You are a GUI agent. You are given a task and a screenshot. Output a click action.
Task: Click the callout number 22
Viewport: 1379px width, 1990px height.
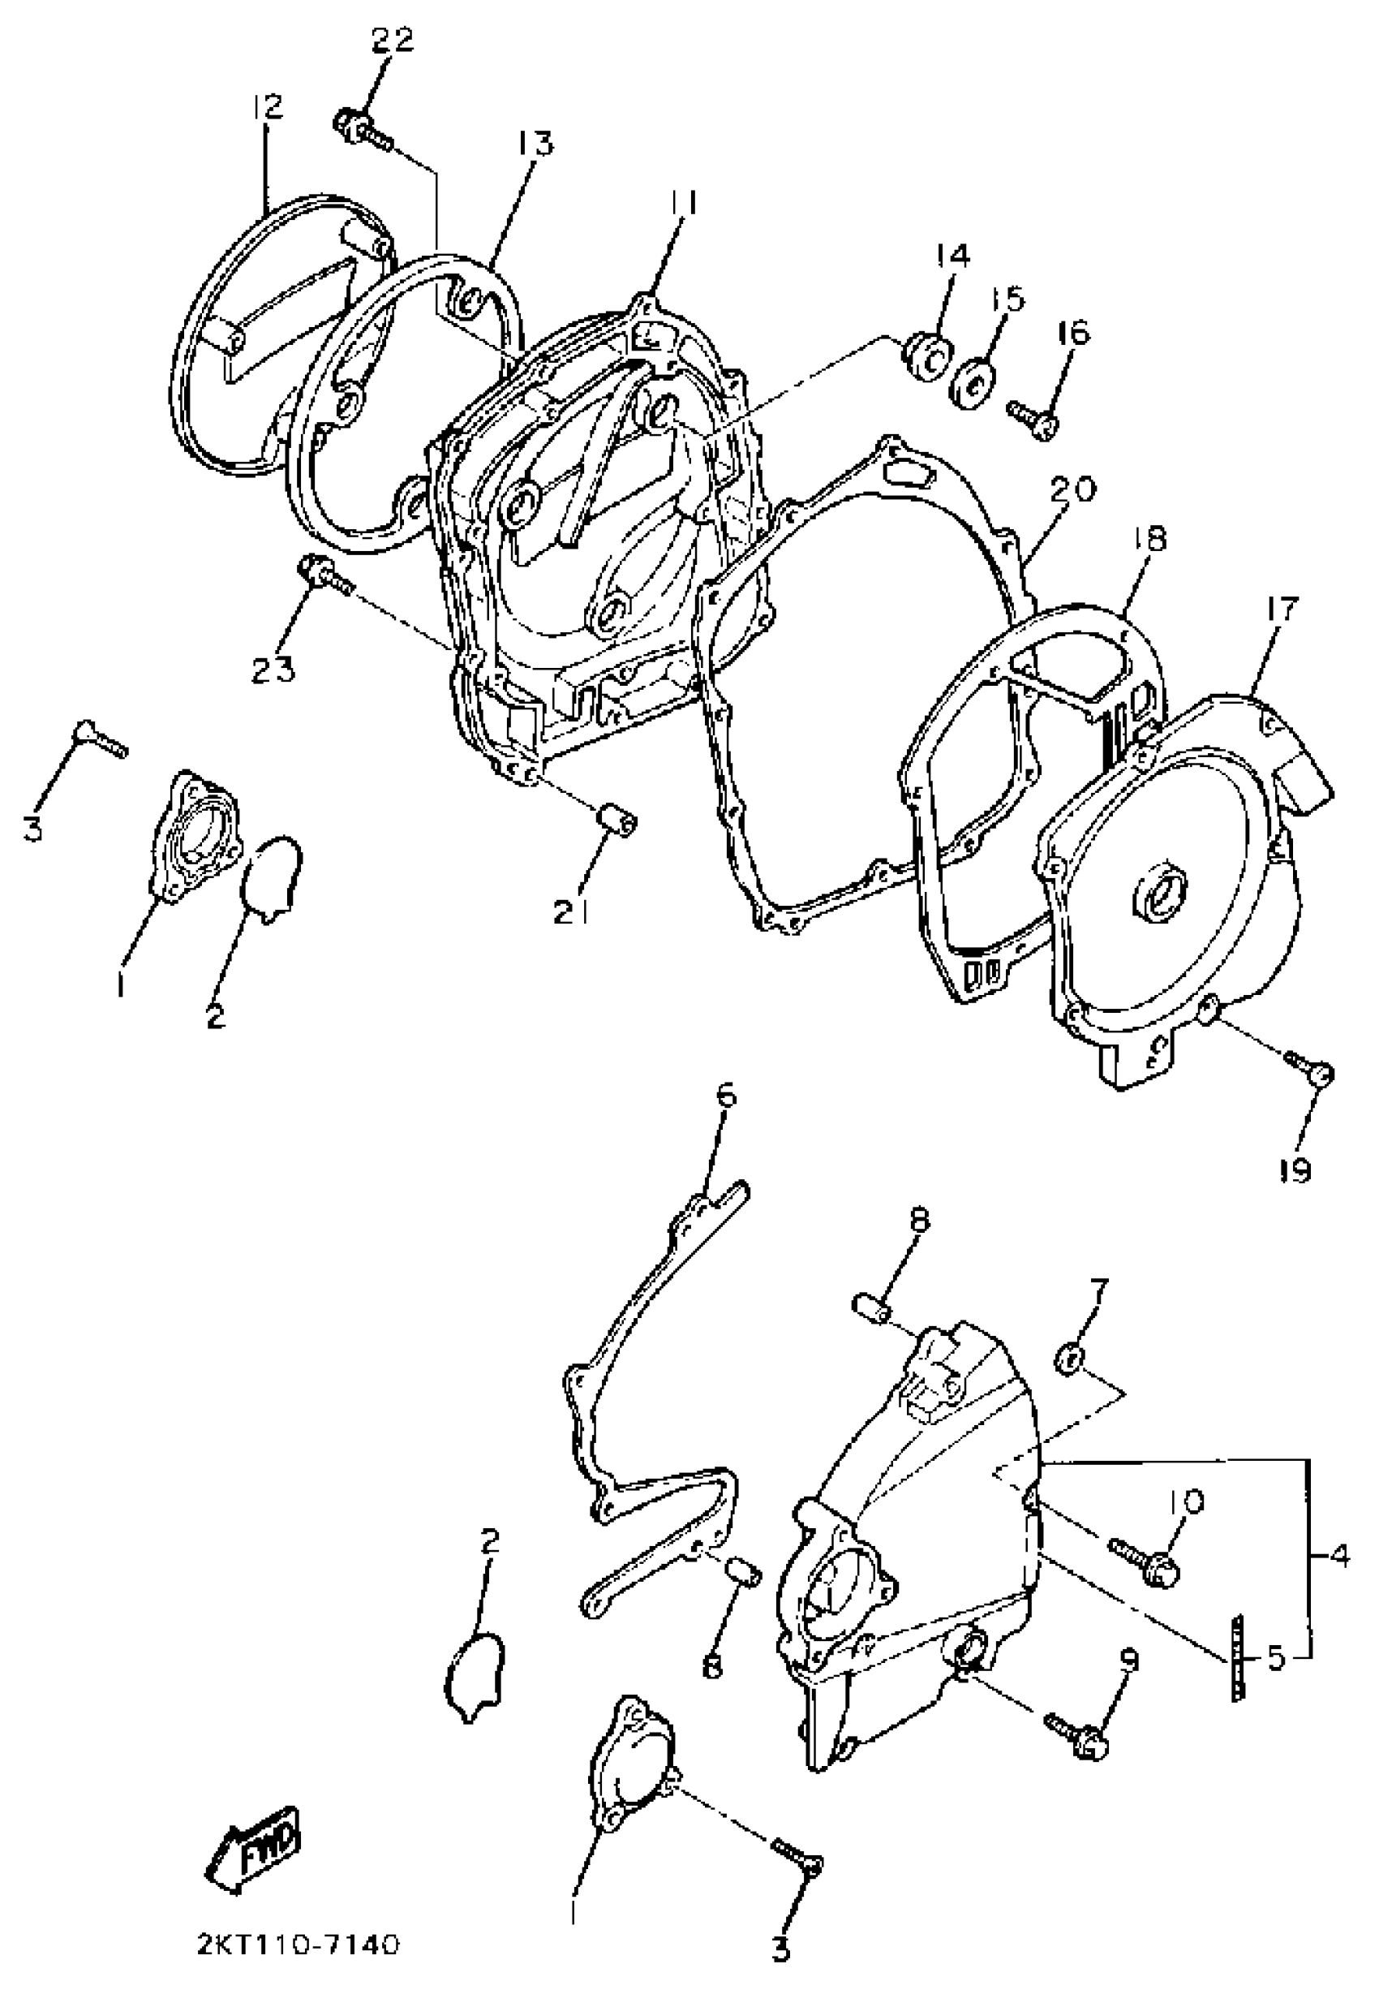(x=393, y=41)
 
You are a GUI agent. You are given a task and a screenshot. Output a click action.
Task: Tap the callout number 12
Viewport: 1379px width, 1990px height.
(x=268, y=107)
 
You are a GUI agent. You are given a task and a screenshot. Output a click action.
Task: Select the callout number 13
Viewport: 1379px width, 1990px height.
(x=535, y=144)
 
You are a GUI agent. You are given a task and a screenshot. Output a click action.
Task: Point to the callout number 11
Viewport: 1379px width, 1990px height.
(x=684, y=205)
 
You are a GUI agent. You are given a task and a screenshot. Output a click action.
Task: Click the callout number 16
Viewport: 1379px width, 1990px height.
(x=1071, y=333)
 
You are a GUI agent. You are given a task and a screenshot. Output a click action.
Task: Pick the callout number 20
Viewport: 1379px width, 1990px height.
(x=1073, y=490)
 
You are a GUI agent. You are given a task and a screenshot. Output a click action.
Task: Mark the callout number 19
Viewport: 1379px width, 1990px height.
(x=1296, y=1170)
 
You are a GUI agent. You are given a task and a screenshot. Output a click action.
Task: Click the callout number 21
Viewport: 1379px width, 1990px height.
(x=573, y=911)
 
